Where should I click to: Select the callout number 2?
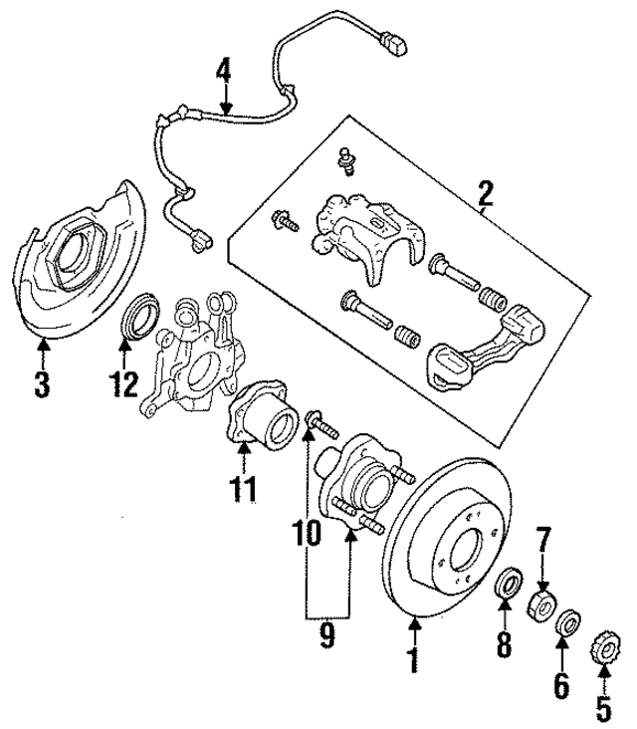pos(485,190)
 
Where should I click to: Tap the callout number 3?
pos(41,383)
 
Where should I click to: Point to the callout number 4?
pos(224,73)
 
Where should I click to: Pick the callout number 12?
pos(124,383)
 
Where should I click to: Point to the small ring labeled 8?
pos(507,581)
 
